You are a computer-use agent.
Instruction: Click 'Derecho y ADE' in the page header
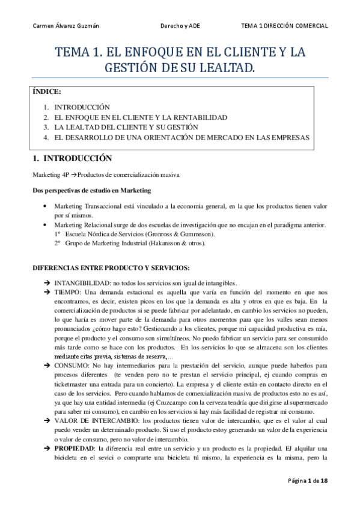[180, 26]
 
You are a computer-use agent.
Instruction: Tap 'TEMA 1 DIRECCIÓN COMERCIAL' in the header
[284, 26]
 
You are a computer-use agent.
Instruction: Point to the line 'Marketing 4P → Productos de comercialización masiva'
[106, 174]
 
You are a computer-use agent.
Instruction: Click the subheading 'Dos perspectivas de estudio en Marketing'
[91, 191]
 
